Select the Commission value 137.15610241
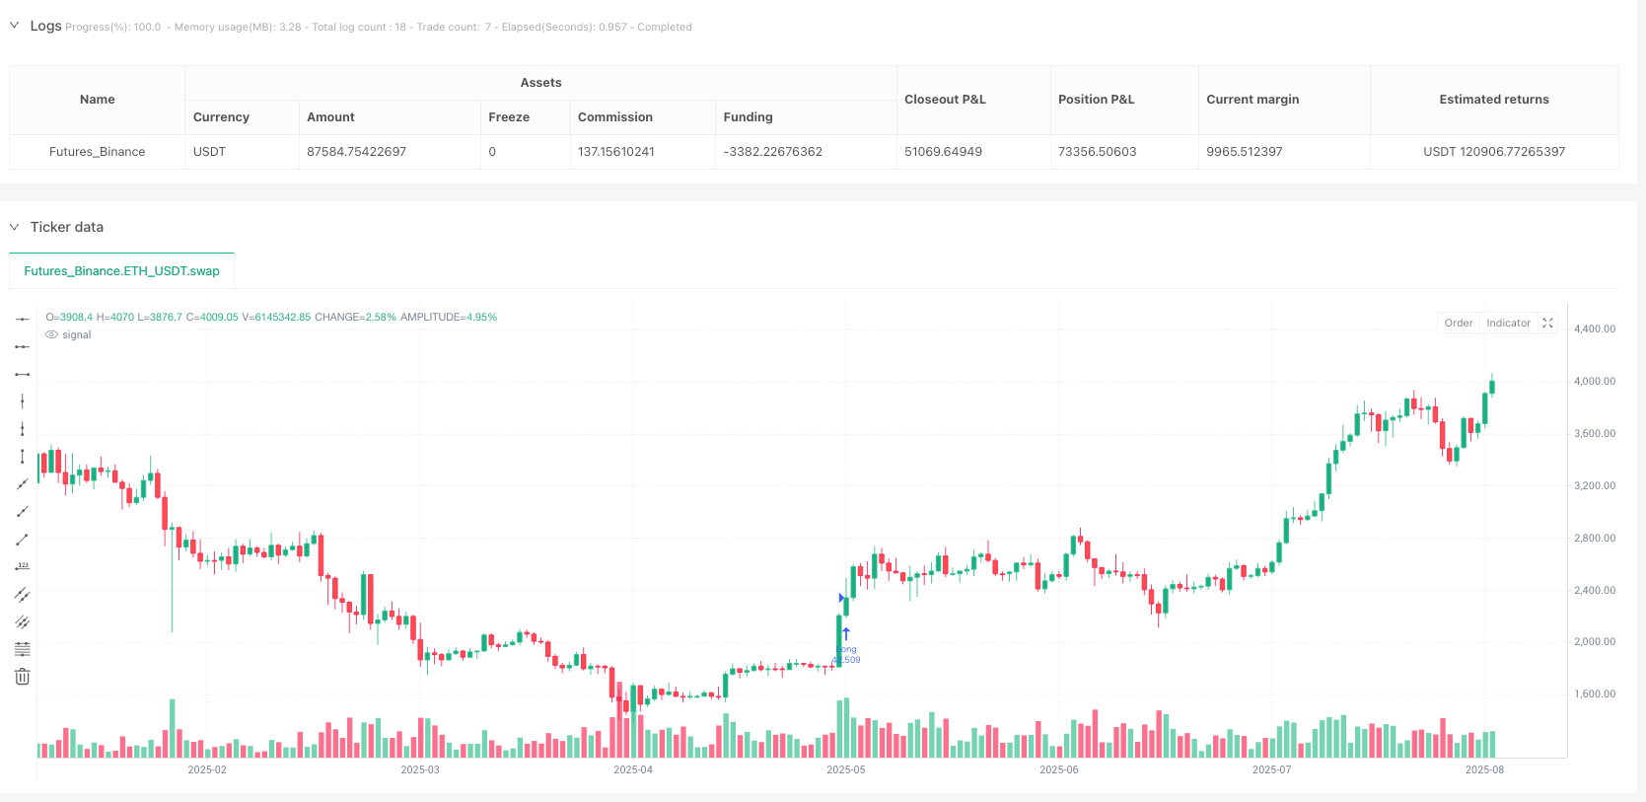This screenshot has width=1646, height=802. point(616,152)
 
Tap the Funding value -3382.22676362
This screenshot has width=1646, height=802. point(772,152)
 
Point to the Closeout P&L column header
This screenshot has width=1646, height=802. point(945,100)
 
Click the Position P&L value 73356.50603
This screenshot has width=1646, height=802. point(1097,152)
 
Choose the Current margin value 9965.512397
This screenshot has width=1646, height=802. point(1245,152)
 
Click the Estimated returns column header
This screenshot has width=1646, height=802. point(1493,100)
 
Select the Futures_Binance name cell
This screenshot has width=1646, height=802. point(97,152)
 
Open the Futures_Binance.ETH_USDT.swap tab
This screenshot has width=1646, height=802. point(121,271)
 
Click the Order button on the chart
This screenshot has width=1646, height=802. point(1458,324)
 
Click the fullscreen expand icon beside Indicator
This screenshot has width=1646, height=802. point(1547,324)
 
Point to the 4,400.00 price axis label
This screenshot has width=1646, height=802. point(1594,329)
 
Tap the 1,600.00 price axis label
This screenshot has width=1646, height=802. point(1594,694)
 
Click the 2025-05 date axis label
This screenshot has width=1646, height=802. point(845,770)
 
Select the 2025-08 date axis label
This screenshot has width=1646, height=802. point(1484,770)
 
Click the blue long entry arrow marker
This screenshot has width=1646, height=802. point(846,634)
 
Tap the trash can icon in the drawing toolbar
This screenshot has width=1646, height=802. point(22,677)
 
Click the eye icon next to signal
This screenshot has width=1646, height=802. point(51,335)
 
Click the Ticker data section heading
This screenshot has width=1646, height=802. point(66,227)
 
